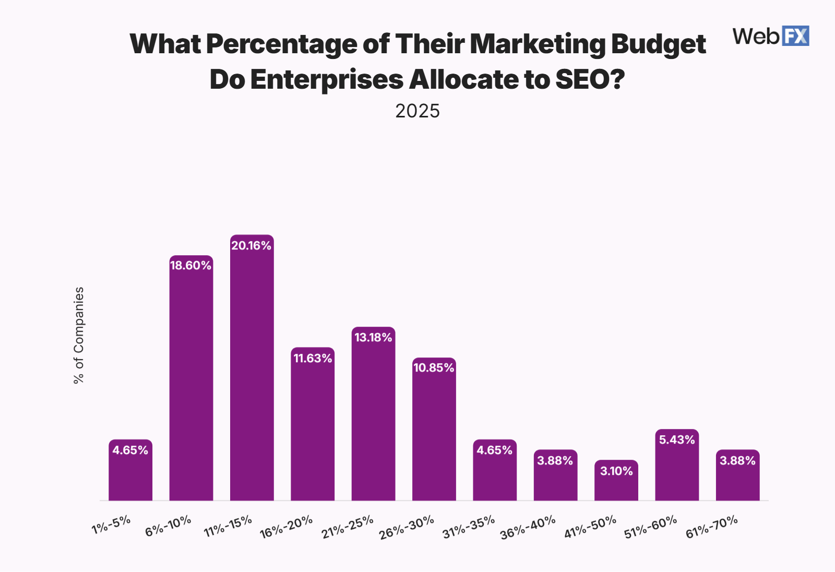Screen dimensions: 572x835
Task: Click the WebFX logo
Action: [x=770, y=36]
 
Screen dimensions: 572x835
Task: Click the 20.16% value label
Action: [x=252, y=246]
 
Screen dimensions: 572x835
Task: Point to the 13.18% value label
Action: [x=373, y=338]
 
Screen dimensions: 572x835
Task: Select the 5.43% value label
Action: [x=677, y=440]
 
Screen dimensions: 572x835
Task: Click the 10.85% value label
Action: [x=434, y=368]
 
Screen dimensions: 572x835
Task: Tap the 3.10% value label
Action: [x=616, y=471]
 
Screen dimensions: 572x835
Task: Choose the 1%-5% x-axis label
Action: [x=111, y=525]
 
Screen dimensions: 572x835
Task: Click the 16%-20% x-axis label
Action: [x=286, y=527]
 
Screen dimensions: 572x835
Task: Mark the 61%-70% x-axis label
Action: [x=712, y=527]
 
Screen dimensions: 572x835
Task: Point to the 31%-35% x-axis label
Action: [x=469, y=527]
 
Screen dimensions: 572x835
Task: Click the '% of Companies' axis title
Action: [x=79, y=335]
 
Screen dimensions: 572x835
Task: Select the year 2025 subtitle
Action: [x=417, y=111]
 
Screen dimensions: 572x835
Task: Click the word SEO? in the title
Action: [x=590, y=80]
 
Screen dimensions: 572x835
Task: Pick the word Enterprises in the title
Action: [x=327, y=80]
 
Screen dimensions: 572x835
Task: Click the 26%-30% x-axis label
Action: [x=407, y=527]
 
